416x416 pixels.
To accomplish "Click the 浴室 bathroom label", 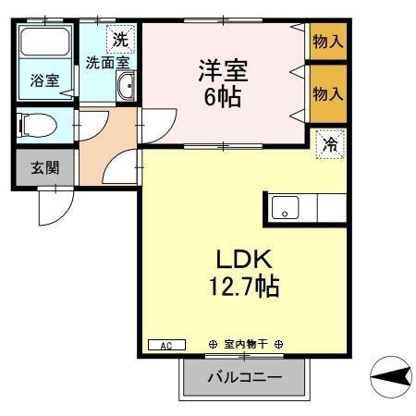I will pos(45,80).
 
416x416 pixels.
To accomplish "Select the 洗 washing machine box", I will pos(119,39).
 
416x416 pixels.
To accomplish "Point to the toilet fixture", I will pos(42,123).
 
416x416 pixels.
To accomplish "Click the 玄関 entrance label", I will pos(44,167).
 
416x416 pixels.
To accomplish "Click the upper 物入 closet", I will pos(327,41).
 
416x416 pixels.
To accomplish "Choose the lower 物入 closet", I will pos(327,94).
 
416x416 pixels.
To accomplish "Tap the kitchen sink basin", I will pos(286,208).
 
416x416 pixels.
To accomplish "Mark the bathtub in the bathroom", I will pos(45,46).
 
